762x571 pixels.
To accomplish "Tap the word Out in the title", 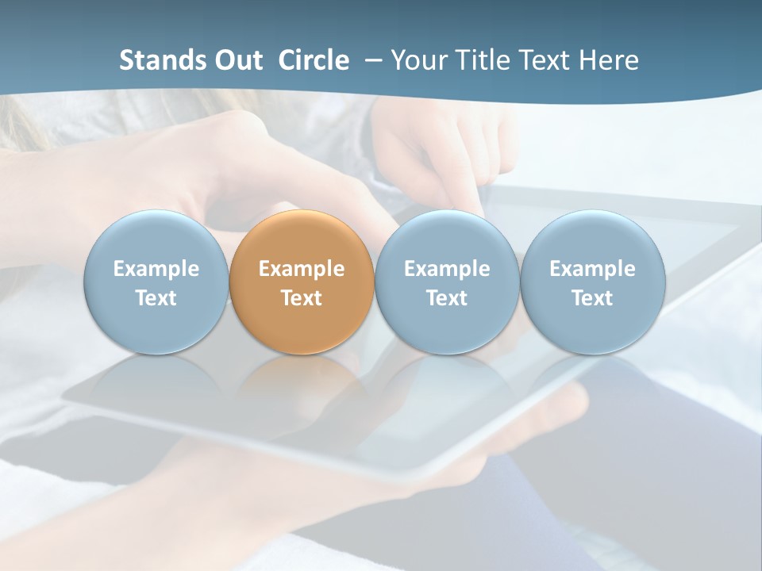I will (237, 60).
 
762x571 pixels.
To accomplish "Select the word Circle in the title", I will (314, 60).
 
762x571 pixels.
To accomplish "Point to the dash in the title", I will (370, 61).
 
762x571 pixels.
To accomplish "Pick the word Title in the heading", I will (479, 60).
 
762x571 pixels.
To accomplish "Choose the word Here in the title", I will (609, 60).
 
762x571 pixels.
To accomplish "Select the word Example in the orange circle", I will (302, 269).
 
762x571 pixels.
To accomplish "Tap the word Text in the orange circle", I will (302, 298).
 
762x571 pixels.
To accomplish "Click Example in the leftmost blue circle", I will (156, 269).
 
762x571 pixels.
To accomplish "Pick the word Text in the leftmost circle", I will (156, 298).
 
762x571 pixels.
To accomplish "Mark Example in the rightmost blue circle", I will (592, 269).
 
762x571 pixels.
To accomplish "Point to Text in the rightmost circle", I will (592, 298).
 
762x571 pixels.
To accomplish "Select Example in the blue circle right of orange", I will (447, 269).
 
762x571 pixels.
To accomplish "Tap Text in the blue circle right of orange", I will (447, 298).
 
